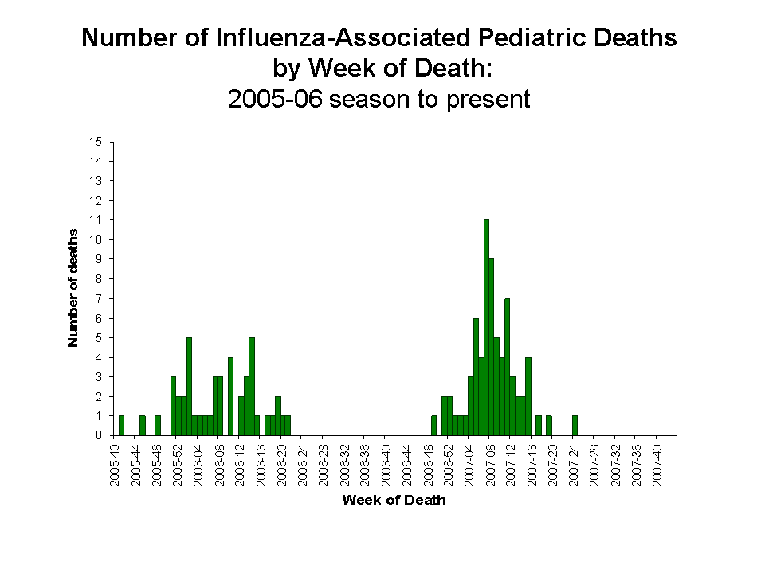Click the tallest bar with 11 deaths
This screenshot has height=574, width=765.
[x=486, y=327]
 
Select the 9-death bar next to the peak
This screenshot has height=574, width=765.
[x=492, y=347]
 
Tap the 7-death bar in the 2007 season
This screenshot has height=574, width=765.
[x=507, y=367]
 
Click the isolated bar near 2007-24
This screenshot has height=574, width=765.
[x=575, y=426]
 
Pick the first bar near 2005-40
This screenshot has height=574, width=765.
[x=121, y=426]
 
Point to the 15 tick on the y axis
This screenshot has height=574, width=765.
[x=96, y=142]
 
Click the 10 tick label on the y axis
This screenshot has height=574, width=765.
[x=96, y=239]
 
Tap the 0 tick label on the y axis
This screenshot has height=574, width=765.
[x=99, y=435]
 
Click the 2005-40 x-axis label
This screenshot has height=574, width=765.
[x=116, y=462]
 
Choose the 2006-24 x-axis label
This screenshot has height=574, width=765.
[x=303, y=462]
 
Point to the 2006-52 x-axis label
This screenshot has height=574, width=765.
[x=449, y=462]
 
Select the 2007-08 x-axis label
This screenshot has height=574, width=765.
[x=490, y=462]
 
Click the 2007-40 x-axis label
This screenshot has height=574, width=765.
[x=657, y=462]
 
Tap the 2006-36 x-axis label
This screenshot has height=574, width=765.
[x=365, y=462]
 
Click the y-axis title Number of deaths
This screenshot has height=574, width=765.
[x=73, y=288]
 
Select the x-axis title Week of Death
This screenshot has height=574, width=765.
[x=394, y=501]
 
